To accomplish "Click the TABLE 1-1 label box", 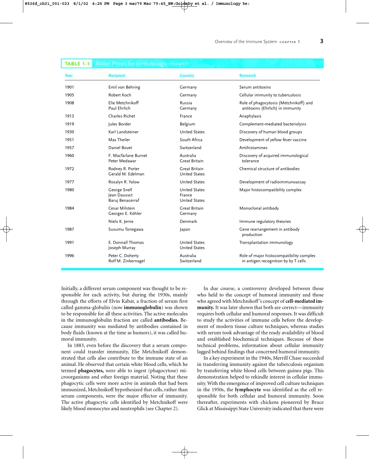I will pos(77,64).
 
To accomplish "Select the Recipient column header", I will pos(117,76).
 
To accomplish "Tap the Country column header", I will pos(187,76).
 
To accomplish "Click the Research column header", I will pos(247,76).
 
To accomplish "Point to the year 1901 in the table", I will pos(69,87).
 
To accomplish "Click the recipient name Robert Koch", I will pos(120,95).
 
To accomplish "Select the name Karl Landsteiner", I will pos(123,132).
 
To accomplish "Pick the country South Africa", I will pos(191,140).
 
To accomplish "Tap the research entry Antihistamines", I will pos(253,148).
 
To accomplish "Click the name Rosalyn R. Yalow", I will pos(124,182).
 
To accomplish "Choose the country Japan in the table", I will pos(185,229).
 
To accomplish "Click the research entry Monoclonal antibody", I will pos(259,208).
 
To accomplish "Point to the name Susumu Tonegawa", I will pos(125,229).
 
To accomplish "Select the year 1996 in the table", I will pos(69,256).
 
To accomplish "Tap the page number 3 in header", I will pos(322,42).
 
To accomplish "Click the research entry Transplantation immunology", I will pos(266,242).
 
